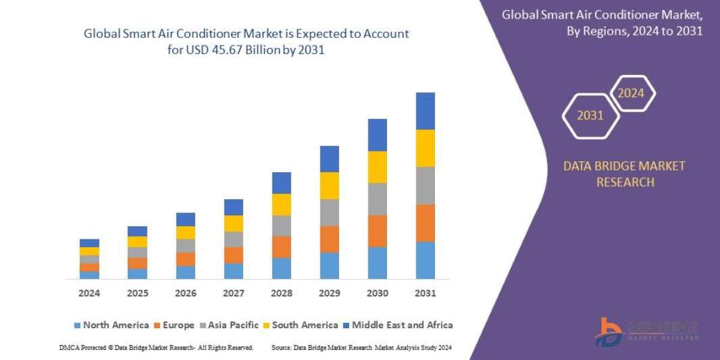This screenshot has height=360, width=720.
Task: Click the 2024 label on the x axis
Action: pyautogui.click(x=89, y=293)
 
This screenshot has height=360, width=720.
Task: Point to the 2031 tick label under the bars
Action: pyautogui.click(x=425, y=293)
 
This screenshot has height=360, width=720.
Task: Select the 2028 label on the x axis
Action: pyautogui.click(x=281, y=293)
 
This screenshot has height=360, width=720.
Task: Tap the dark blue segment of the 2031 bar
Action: pyautogui.click(x=425, y=111)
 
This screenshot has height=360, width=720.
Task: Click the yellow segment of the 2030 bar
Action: pyautogui.click(x=377, y=167)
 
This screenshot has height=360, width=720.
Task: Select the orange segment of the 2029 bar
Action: pyautogui.click(x=329, y=239)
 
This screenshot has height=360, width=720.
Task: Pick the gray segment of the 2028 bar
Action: pyautogui.click(x=281, y=226)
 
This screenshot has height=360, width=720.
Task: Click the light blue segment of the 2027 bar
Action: pyautogui.click(x=233, y=271)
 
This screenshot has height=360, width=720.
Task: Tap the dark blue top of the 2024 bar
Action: pyautogui.click(x=89, y=243)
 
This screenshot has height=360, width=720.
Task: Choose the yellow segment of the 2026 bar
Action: pyautogui.click(x=185, y=233)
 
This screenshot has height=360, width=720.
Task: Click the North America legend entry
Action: pyautogui.click(x=111, y=325)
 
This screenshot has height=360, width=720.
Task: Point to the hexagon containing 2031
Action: pyautogui.click(x=590, y=116)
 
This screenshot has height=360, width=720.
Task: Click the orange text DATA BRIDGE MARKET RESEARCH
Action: pyautogui.click(x=624, y=174)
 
